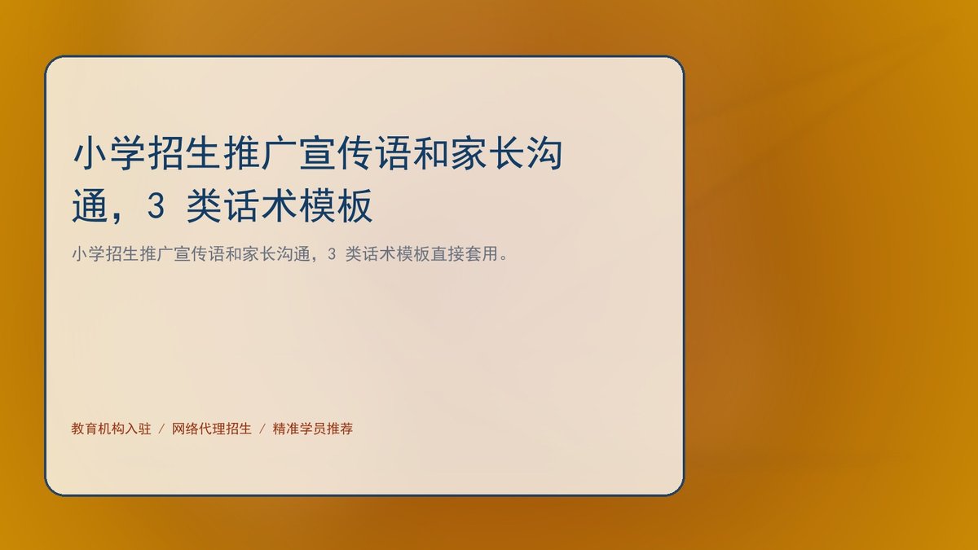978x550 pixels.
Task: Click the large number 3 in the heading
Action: point(156,205)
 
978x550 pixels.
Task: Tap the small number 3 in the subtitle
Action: point(332,254)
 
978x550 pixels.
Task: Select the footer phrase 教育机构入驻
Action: point(111,429)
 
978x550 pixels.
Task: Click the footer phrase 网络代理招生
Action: point(212,429)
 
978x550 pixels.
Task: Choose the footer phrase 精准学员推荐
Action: point(313,429)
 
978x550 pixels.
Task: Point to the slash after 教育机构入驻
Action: point(161,429)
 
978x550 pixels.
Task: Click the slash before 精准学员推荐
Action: point(262,429)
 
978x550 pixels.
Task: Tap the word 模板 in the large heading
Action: point(336,206)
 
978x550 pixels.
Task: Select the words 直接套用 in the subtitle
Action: point(464,254)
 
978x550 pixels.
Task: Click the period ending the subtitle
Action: point(504,258)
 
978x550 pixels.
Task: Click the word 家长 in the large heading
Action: point(487,153)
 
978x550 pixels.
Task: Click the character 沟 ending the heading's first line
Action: point(544,153)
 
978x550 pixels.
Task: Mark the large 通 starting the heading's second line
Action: point(90,206)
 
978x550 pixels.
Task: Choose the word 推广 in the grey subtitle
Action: point(156,254)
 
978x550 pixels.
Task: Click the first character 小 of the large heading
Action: point(90,153)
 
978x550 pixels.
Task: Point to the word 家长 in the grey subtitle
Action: point(259,254)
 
